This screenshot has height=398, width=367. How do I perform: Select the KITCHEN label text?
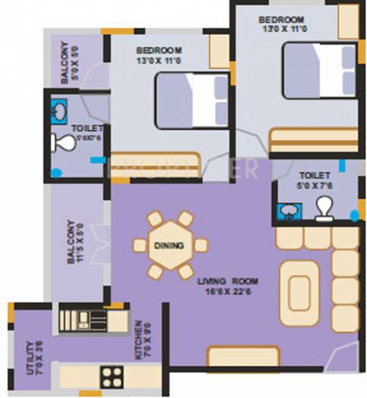pyautogui.click(x=139, y=339)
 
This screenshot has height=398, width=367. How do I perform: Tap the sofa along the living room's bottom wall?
pyautogui.click(x=234, y=357)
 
